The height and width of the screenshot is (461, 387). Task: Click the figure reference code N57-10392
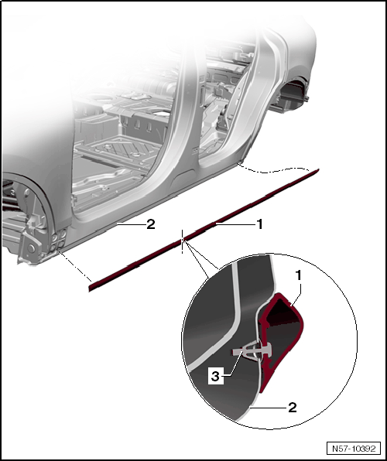tap(354, 449)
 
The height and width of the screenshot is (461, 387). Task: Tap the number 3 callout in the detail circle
tap(215, 377)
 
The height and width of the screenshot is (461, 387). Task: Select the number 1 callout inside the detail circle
tap(299, 276)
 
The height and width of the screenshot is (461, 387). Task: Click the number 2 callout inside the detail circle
tap(293, 408)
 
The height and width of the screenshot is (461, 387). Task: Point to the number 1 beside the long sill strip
tap(259, 224)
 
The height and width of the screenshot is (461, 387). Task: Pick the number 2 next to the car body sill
tap(150, 225)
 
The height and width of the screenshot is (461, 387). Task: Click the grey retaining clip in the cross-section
tap(252, 351)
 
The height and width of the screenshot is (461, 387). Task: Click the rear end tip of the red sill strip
tap(319, 169)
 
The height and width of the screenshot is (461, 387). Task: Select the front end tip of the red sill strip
tap(89, 290)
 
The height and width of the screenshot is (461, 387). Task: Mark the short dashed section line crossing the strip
tap(183, 241)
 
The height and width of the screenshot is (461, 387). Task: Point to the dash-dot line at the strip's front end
tap(74, 265)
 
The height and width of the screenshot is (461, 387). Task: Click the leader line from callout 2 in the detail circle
tap(269, 408)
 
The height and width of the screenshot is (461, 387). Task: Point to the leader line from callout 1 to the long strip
tap(235, 224)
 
